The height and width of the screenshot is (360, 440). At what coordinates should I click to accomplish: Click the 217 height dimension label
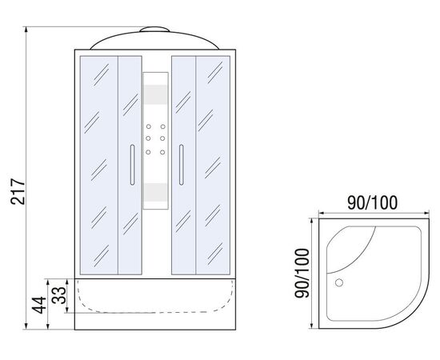pos(18,191)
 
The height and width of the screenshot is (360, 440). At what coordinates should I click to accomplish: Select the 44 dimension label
pos(38,305)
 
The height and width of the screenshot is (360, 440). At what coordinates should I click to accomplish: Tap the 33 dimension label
pos(59,295)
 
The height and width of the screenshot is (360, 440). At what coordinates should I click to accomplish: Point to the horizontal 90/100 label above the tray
pos(372,202)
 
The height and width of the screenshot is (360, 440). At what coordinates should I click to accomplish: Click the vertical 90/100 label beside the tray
pos(302,273)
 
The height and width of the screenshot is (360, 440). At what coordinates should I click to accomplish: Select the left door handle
pos(133,165)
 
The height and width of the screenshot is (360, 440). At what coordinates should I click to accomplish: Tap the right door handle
pos(182,165)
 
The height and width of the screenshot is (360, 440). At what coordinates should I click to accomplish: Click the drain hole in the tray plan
pos(339,282)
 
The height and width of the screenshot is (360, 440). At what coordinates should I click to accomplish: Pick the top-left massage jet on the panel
pos(149,126)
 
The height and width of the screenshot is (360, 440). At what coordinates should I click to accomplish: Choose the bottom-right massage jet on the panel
pos(162,152)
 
